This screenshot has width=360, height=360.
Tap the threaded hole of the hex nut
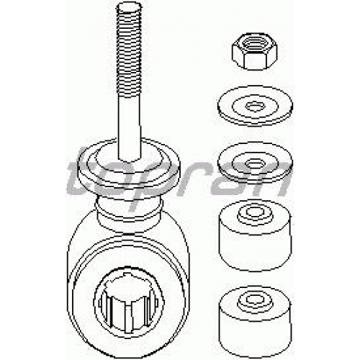pos(253,45)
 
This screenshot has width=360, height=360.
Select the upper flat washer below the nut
pos(255,107)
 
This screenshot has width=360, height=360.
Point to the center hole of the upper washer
pos(255,106)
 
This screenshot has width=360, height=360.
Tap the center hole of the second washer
pos(255,164)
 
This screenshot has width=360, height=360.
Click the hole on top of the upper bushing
pos(255,212)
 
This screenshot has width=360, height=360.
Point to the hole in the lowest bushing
pos(255,299)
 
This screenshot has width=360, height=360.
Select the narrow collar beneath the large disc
pos(130,211)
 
